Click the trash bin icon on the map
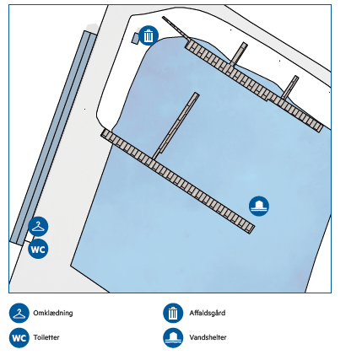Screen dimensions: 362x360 pyautogui.click(x=149, y=35)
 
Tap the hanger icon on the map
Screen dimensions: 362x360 pyautogui.click(x=38, y=227)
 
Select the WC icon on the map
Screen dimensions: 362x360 pyautogui.click(x=38, y=249)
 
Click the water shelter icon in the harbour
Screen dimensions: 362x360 pyautogui.click(x=259, y=206)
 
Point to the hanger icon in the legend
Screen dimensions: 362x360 pyautogui.click(x=19, y=313)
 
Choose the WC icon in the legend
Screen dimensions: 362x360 pyautogui.click(x=19, y=337)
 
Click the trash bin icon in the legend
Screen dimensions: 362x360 pyautogui.click(x=173, y=313)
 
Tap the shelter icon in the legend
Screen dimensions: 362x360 pyautogui.click(x=173, y=337)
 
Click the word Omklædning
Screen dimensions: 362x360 pyautogui.click(x=53, y=313)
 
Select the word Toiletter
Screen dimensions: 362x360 pyautogui.click(x=46, y=337)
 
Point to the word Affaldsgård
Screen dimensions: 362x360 pyautogui.click(x=208, y=313)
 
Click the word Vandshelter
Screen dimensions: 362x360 pyautogui.click(x=208, y=337)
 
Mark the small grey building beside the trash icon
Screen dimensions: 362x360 pyautogui.click(x=135, y=38)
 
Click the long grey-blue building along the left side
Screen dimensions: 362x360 pyautogui.click(x=53, y=137)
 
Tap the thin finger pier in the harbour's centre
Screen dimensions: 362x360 pyautogui.click(x=176, y=126)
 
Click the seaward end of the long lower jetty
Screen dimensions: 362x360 pyautogui.click(x=251, y=228)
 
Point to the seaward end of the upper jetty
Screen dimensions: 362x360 pyautogui.click(x=320, y=128)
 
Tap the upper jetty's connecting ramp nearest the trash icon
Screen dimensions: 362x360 pyautogui.click(x=239, y=54)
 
